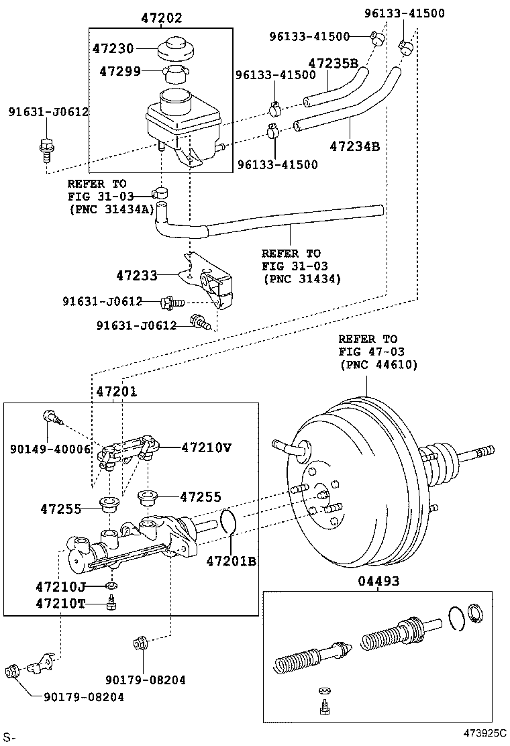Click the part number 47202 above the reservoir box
[161, 19]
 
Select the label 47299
[121, 70]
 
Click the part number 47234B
[354, 146]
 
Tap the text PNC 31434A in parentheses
[111, 209]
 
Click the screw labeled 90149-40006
[52, 417]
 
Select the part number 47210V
[206, 447]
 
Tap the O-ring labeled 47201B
[228, 522]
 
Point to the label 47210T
[60, 602]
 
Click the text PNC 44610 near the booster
[378, 365]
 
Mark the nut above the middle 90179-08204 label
[141, 643]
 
